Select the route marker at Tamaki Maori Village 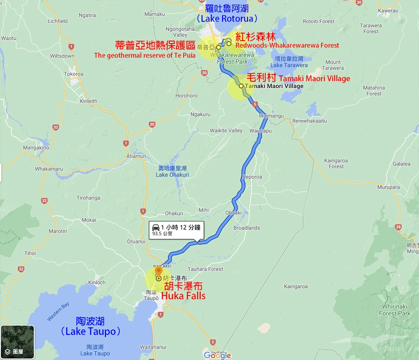[x=241, y=86]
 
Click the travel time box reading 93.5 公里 [x=176, y=230]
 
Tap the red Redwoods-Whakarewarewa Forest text [x=287, y=45]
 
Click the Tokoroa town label [x=74, y=74]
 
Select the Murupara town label [x=388, y=187]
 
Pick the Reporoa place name [x=252, y=177]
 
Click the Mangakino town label [x=36, y=148]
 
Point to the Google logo [x=217, y=355]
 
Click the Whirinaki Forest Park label [x=395, y=310]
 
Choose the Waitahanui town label [x=153, y=347]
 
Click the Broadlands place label [x=247, y=228]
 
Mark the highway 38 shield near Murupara [x=398, y=227]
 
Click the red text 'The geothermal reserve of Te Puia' [x=145, y=55]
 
